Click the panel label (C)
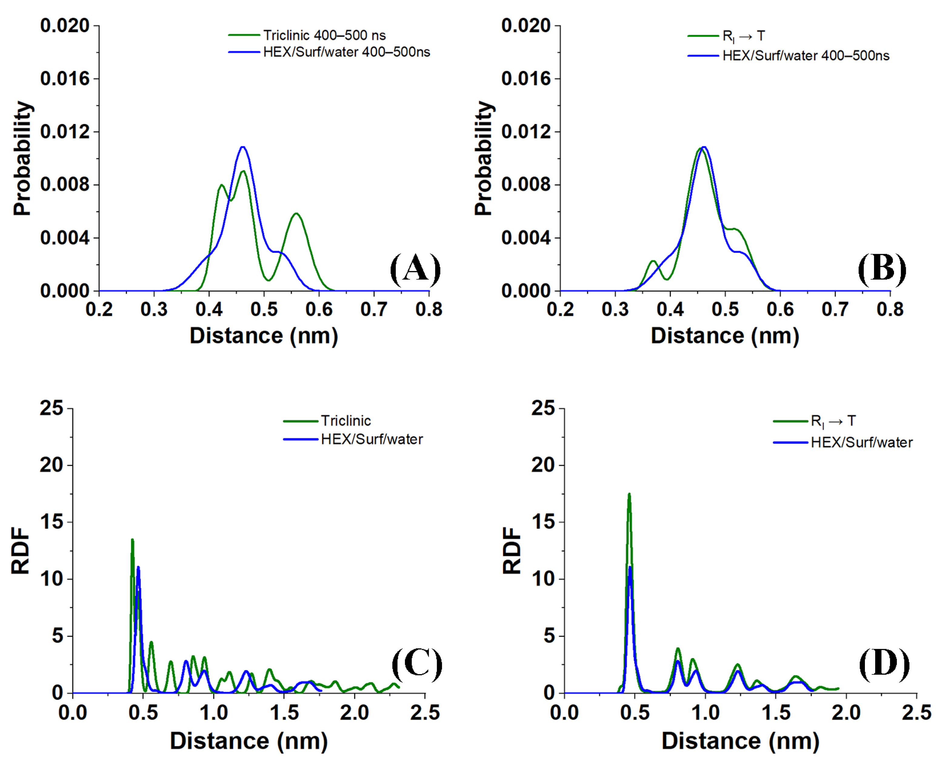417,664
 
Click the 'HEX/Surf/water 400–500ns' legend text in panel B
806,56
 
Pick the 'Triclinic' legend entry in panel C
345,421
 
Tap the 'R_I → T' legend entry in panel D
833,421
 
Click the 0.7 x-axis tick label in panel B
835,309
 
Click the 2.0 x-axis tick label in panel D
846,713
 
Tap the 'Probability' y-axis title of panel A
22,158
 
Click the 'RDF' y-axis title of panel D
512,551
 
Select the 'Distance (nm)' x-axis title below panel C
249,741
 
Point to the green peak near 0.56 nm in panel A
296,214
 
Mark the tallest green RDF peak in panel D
629,494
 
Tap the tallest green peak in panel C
132,540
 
